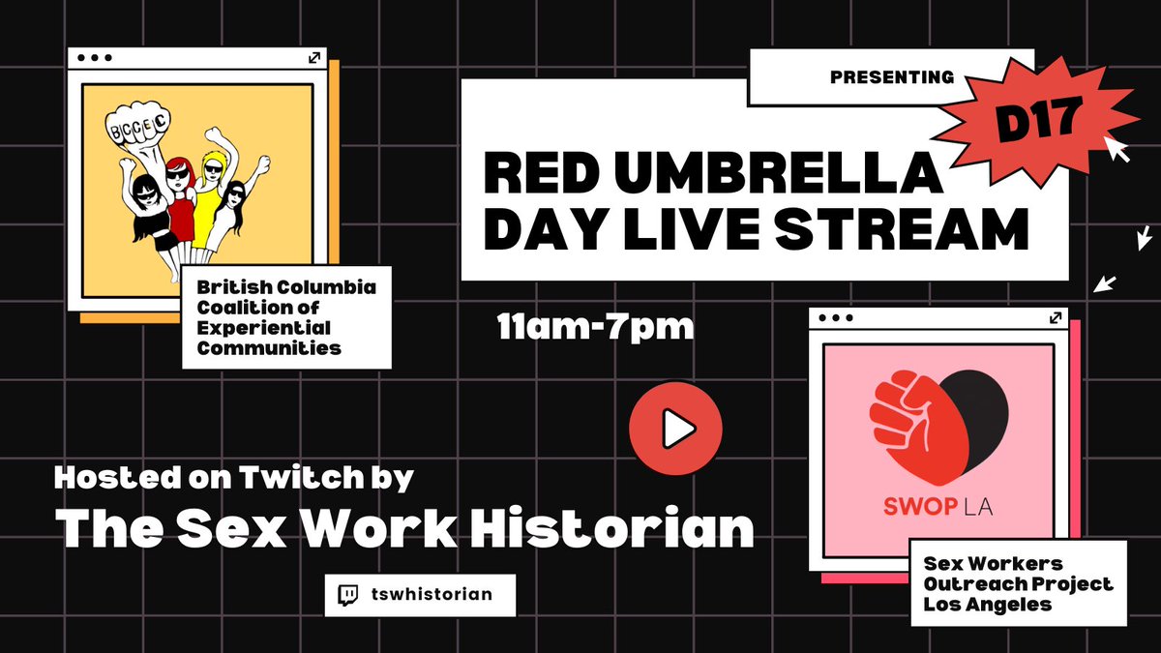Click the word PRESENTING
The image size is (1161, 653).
click(x=891, y=76)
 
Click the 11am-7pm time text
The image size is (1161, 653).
click(x=595, y=327)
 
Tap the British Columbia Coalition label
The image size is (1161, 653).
click(x=285, y=317)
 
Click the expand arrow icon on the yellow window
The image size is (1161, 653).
click(x=313, y=59)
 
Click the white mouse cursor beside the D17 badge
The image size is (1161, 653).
click(x=1119, y=149)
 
